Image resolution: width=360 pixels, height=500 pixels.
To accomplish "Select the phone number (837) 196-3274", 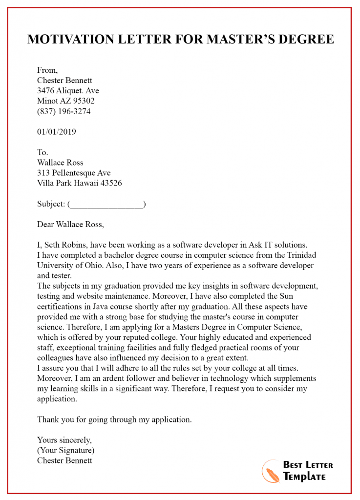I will pyautogui.click(x=64, y=111).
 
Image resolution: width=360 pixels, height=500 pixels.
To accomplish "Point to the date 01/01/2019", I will pyautogui.click(x=57, y=132).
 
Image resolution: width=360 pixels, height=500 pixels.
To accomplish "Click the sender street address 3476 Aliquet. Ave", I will pyautogui.click(x=68, y=91).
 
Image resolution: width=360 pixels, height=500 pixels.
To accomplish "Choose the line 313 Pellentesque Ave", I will pyautogui.click(x=74, y=173).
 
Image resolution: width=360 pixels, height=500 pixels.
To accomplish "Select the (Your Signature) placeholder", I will pyautogui.click(x=66, y=450).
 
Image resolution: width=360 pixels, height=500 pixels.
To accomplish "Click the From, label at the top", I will pyautogui.click(x=47, y=70).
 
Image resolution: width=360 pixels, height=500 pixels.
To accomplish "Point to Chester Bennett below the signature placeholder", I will pyautogui.click(x=64, y=460).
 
